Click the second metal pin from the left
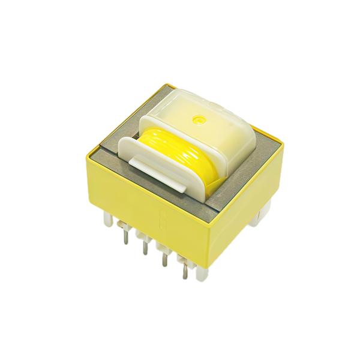144,246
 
